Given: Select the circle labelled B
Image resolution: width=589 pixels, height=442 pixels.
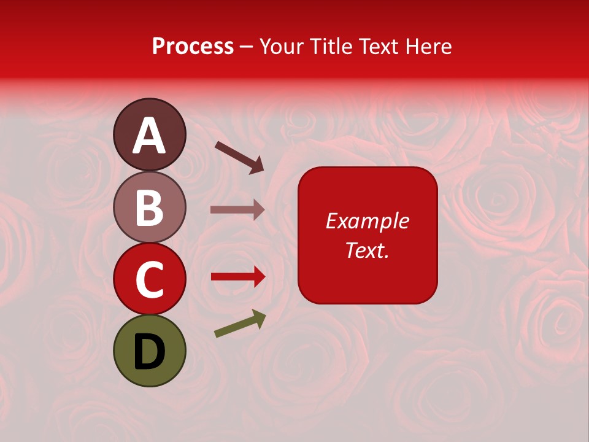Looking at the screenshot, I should pyautogui.click(x=149, y=207).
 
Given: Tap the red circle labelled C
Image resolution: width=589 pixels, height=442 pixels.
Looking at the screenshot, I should pyautogui.click(x=149, y=279).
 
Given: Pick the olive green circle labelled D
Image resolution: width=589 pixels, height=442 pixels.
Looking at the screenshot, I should pyautogui.click(x=149, y=351).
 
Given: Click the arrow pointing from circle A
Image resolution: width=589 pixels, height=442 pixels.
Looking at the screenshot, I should pyautogui.click(x=239, y=157).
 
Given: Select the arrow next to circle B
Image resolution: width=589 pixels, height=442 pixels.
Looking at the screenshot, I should pyautogui.click(x=237, y=209).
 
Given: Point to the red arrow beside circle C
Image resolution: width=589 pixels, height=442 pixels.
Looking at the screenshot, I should pyautogui.click(x=237, y=276).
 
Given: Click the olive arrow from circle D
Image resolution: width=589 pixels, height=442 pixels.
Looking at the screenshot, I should pyautogui.click(x=240, y=324).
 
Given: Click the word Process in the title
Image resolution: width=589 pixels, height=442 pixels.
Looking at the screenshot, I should pyautogui.click(x=193, y=46).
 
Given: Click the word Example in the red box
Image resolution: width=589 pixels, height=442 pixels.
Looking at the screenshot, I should pyautogui.click(x=367, y=221).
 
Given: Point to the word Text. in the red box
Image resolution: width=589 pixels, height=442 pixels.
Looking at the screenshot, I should pyautogui.click(x=367, y=250).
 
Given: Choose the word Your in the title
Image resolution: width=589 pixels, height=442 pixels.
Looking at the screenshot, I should pyautogui.click(x=281, y=46).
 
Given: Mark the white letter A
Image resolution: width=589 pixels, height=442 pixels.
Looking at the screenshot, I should pyautogui.click(x=149, y=136).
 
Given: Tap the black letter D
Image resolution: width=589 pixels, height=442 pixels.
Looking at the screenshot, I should pyautogui.click(x=149, y=351).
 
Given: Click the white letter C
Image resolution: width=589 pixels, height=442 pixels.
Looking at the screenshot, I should pyautogui.click(x=149, y=280).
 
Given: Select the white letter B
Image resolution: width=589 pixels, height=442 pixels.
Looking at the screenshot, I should pyautogui.click(x=149, y=207).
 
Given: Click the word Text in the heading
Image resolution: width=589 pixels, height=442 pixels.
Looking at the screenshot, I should pyautogui.click(x=378, y=46).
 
